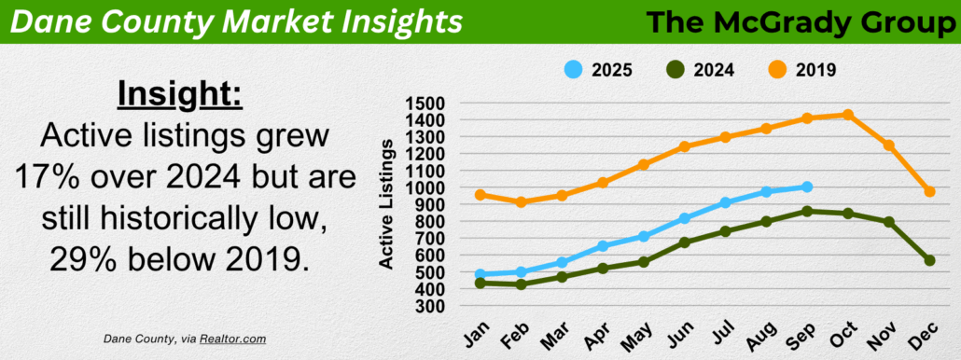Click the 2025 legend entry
[597, 70]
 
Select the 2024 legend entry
[700, 70]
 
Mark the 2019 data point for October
[848, 115]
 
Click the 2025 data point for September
[807, 187]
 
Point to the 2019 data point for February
[521, 202]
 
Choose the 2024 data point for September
[807, 211]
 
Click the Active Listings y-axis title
[386, 204]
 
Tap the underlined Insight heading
[180, 95]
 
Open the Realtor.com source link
[232, 339]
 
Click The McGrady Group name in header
[798, 22]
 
